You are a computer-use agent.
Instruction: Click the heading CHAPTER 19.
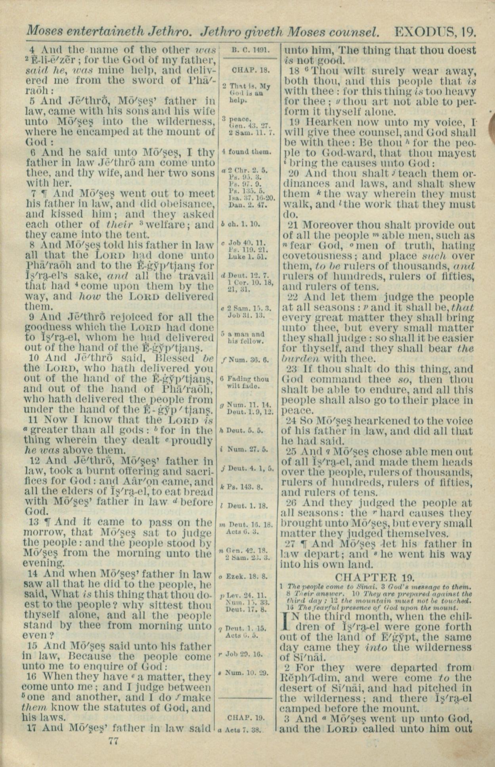(375, 577)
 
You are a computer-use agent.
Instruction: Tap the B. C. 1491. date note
(250, 50)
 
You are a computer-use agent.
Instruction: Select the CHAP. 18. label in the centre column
(250, 71)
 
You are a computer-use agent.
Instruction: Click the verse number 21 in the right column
(292, 225)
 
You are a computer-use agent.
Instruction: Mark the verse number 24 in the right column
(292, 421)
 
